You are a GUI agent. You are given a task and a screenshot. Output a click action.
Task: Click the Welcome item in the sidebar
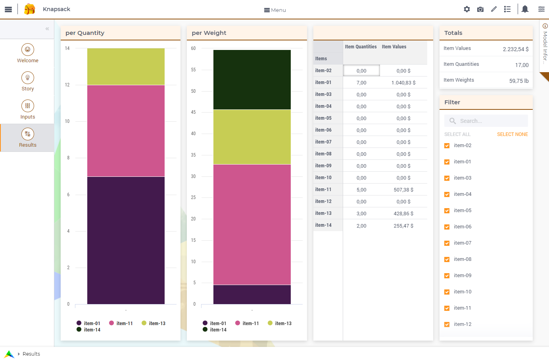[27, 54]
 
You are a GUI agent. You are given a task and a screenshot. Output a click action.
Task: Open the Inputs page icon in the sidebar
[27, 106]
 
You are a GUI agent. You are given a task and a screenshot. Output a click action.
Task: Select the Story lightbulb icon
[27, 78]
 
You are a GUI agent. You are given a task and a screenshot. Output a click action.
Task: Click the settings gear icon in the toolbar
[466, 9]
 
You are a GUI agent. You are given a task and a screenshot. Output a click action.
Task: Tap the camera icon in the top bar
[480, 10]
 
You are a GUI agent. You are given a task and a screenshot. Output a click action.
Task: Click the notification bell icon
[525, 9]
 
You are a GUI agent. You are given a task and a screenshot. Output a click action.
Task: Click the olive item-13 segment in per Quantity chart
[126, 67]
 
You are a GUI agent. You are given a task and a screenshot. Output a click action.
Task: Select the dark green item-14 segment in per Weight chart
[252, 80]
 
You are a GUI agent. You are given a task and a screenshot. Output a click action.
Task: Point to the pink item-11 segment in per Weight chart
[252, 224]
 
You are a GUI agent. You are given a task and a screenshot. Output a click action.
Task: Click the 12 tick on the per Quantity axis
[67, 85]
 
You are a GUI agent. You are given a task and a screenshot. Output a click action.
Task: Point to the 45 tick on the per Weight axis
[193, 112]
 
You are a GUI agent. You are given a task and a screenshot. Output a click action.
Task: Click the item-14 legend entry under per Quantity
[88, 329]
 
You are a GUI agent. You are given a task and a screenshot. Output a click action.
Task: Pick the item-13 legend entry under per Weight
[280, 323]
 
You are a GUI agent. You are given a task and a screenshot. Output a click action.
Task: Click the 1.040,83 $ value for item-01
[403, 83]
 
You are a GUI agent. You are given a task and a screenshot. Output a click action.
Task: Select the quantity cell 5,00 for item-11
[361, 190]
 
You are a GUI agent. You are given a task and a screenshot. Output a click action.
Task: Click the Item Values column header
[394, 46]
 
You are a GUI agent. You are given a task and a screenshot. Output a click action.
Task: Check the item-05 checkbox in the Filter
[447, 211]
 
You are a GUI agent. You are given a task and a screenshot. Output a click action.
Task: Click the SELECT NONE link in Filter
[513, 134]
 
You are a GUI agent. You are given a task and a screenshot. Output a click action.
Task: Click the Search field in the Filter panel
[486, 121]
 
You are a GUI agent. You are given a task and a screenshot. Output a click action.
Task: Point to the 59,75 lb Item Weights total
[519, 81]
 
